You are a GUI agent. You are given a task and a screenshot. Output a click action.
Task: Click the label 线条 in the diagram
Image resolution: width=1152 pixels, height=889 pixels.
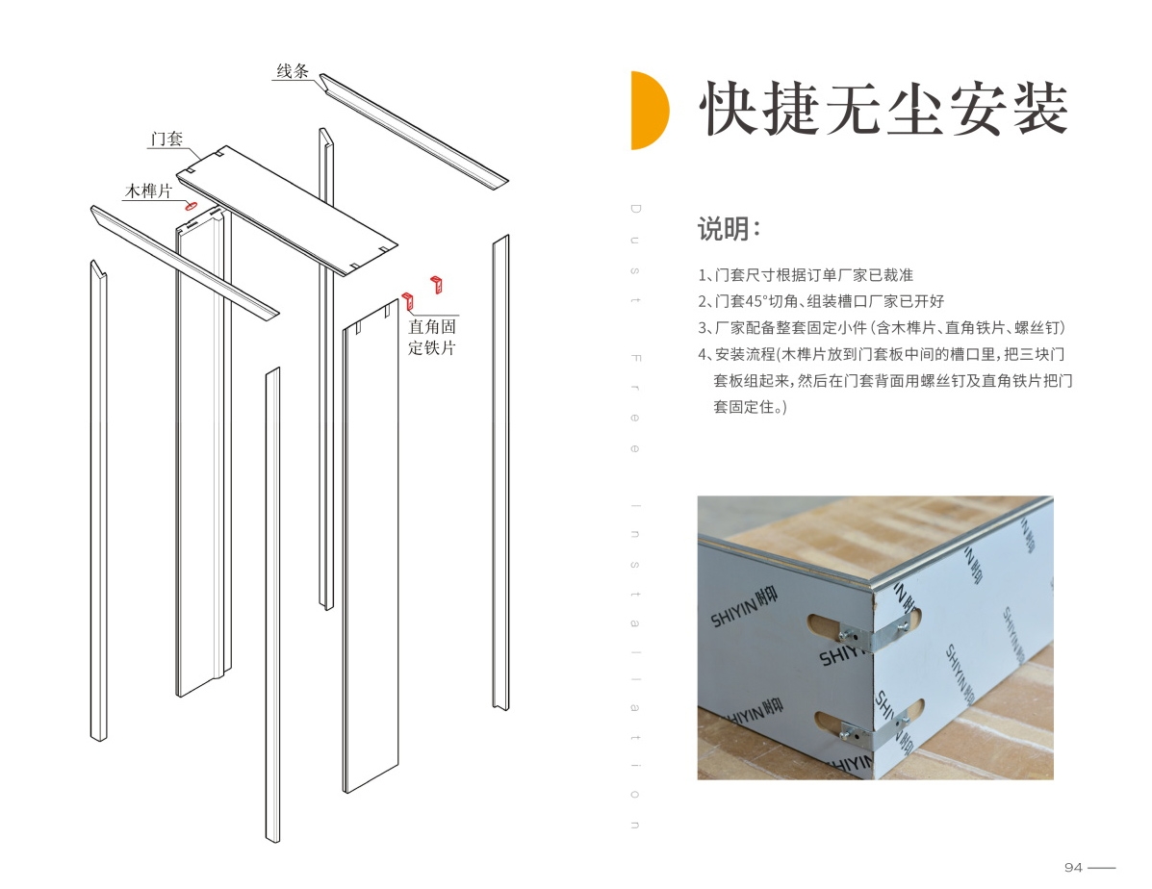[293, 71]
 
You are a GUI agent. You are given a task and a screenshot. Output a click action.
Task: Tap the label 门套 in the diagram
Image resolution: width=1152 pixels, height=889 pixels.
[166, 139]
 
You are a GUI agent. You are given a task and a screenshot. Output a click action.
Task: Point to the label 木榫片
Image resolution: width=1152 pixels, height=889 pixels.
[148, 191]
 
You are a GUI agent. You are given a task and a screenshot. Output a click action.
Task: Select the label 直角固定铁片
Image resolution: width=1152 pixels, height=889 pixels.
[432, 338]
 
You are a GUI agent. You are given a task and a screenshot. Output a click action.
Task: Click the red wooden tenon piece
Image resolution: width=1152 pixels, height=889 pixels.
[192, 206]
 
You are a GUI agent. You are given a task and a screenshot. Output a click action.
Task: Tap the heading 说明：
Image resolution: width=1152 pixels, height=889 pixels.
[729, 228]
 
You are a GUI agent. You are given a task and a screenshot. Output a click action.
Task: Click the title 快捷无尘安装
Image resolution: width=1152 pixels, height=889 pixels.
[883, 110]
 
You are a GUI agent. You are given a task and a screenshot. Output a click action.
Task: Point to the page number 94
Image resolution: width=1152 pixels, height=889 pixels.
[1073, 868]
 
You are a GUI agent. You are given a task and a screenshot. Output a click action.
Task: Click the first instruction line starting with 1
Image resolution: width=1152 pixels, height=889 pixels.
[806, 275]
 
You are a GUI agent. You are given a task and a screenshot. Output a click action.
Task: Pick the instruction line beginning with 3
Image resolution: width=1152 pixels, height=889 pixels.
[881, 328]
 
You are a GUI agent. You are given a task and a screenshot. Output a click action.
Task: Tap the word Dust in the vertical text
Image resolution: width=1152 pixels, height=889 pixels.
[635, 254]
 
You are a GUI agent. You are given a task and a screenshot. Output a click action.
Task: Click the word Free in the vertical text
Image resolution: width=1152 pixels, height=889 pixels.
[635, 403]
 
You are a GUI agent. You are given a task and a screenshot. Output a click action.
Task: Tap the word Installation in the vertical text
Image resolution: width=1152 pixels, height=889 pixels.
[635, 666]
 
